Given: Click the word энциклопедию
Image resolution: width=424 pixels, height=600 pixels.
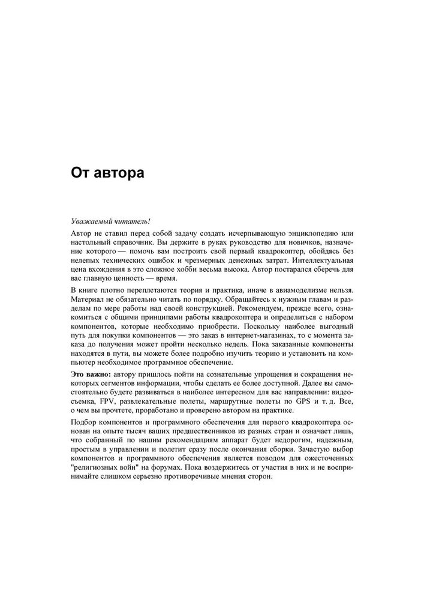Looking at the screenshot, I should (308, 232).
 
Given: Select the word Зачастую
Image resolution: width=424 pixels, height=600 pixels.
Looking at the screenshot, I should (309, 450).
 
